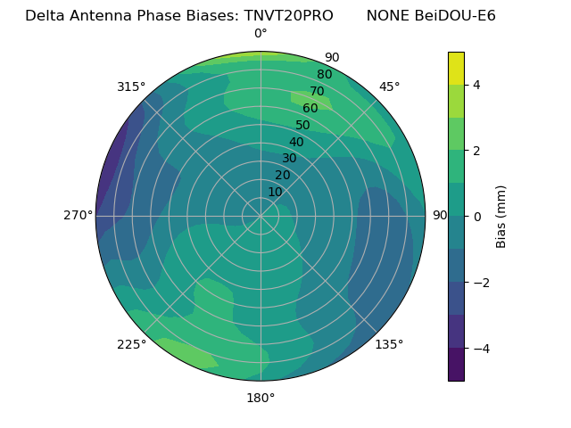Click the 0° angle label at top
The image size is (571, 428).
(261, 34)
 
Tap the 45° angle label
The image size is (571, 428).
(389, 86)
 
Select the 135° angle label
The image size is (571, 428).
(389, 344)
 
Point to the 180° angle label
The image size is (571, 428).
(261, 398)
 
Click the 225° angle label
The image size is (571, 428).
(131, 344)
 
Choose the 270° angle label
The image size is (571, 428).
(78, 216)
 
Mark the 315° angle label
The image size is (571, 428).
(131, 86)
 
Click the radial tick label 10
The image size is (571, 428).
(275, 192)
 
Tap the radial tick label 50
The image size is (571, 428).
(302, 126)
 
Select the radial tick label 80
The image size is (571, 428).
(324, 75)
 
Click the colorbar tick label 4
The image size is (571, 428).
(477, 85)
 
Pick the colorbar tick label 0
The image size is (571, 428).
(477, 217)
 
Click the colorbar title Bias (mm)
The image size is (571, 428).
(501, 216)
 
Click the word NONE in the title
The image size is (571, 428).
(385, 16)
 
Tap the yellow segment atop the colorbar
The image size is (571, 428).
(456, 68)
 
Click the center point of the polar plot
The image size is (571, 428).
(261, 216)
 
